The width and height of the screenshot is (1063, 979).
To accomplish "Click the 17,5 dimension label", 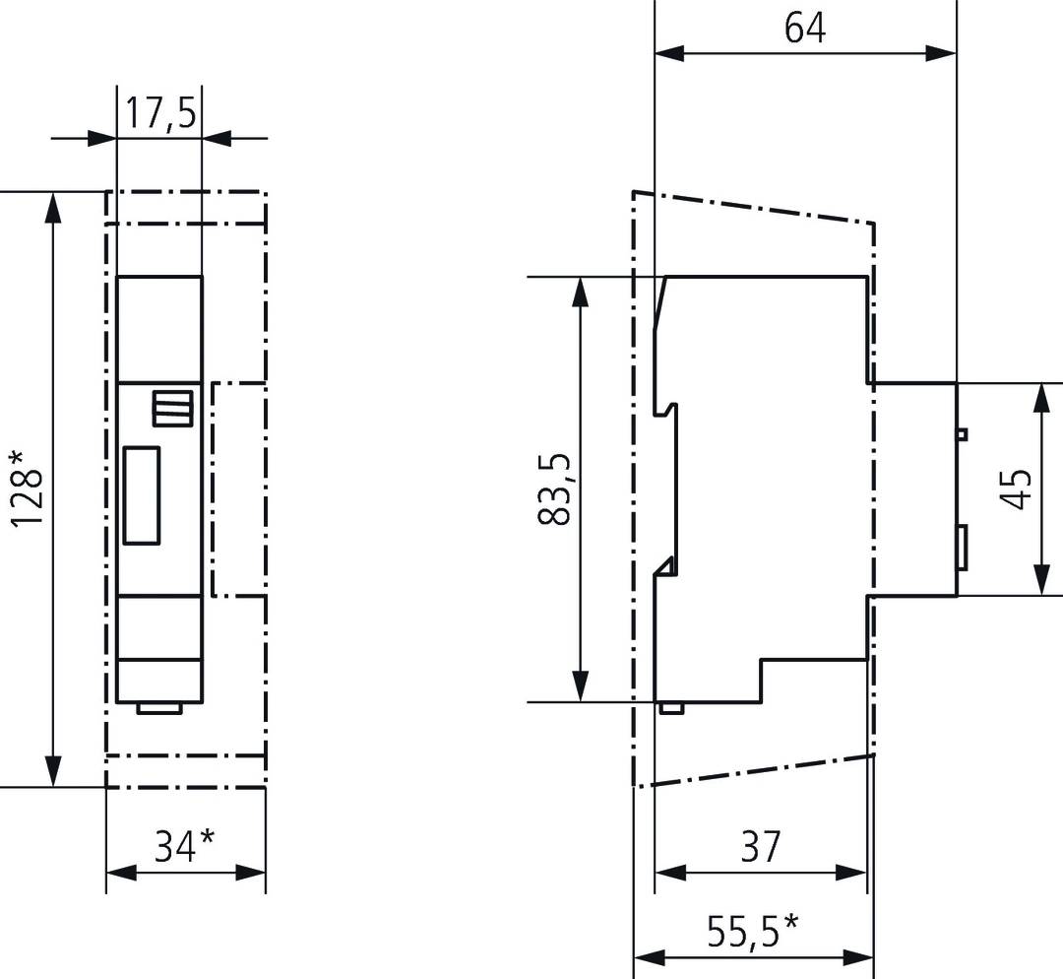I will pos(158,113).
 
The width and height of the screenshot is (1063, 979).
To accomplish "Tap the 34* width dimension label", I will pos(184,845).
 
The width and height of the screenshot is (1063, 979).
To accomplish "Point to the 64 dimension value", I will pos(805,28).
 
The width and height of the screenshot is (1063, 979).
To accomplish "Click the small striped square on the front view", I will pos(167,408).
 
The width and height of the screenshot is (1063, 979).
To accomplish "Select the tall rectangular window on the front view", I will pos(142,494).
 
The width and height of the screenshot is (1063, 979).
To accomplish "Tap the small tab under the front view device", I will pos(159,706).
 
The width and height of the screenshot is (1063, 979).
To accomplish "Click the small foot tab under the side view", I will pos(671,706).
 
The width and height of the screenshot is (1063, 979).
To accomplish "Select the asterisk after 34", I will pos(207,839).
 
